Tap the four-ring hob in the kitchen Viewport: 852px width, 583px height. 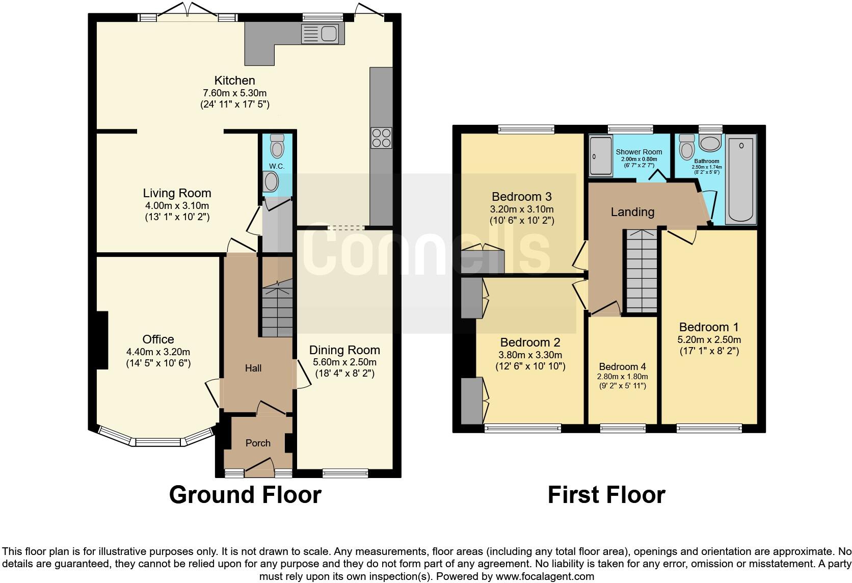[381, 138]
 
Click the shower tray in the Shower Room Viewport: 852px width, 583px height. [600, 156]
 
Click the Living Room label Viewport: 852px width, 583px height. [177, 193]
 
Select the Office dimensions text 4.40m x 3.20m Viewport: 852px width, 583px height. [158, 352]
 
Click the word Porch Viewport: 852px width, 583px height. [258, 443]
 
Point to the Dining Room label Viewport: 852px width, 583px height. [344, 350]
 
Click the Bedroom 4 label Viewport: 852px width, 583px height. [622, 366]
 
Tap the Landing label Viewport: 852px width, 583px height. [632, 211]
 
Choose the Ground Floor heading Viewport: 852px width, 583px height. [245, 495]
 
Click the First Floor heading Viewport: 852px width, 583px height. [606, 495]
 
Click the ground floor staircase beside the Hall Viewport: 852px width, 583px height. [277, 311]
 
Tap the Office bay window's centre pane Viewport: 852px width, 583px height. [158, 442]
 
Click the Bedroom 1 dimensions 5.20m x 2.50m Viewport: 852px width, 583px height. [709, 339]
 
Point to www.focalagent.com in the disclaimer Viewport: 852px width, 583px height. [545, 577]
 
